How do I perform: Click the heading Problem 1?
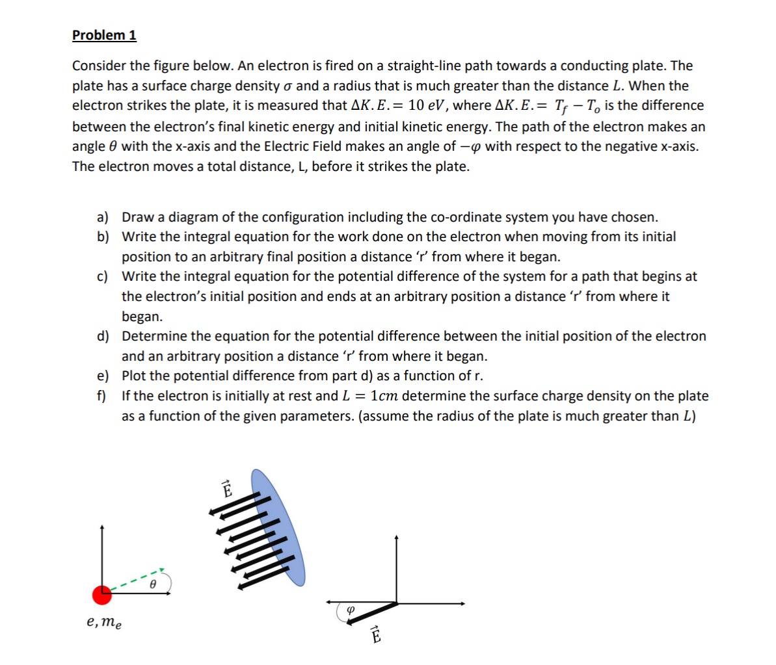tap(104, 35)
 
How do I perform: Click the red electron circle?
tap(102, 594)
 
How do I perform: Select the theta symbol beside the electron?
tap(152, 584)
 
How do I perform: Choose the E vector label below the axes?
tap(375, 634)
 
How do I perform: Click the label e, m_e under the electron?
tap(103, 622)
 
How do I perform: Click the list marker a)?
tap(103, 217)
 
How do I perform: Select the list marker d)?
tap(103, 336)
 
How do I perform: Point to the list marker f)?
tap(102, 396)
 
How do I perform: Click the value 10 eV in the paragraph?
tap(426, 106)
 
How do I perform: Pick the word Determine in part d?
tap(154, 336)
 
